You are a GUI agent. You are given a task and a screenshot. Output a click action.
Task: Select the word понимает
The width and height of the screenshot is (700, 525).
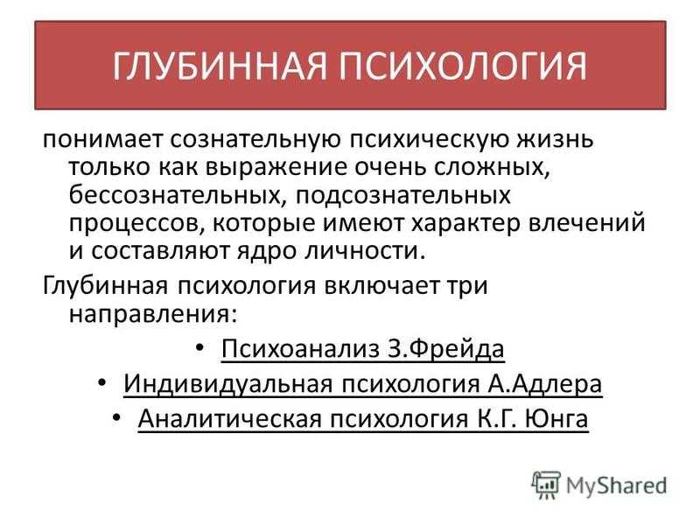click(102, 139)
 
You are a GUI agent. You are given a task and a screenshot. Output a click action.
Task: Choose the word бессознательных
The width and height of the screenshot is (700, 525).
click(178, 195)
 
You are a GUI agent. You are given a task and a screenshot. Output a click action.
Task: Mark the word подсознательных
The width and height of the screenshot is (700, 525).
click(402, 196)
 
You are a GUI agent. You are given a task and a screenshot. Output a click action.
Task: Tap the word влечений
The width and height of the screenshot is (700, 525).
click(586, 223)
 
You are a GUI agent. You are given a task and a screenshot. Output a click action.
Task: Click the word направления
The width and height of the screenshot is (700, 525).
click(152, 315)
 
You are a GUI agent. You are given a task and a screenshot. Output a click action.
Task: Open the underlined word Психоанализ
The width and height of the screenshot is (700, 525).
click(300, 348)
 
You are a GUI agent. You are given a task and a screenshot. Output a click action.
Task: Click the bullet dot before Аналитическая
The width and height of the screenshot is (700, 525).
click(117, 417)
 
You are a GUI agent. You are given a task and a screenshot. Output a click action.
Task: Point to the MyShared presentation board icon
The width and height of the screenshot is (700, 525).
click(545, 485)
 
